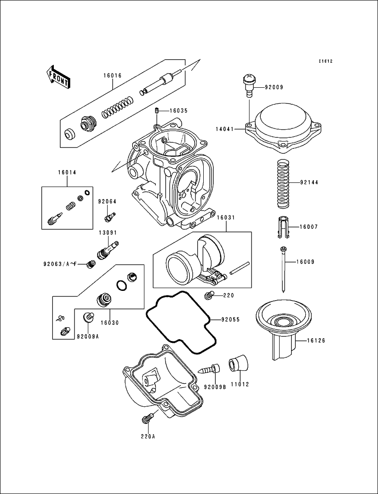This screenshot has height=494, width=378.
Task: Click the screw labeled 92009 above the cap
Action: click(x=249, y=86)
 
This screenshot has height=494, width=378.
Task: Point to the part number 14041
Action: click(x=225, y=130)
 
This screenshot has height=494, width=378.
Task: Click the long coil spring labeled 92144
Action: click(x=283, y=182)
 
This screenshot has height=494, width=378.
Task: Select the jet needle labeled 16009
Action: click(x=284, y=269)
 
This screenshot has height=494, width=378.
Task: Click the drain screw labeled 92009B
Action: click(x=209, y=369)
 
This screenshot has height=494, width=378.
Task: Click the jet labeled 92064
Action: click(x=110, y=214)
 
